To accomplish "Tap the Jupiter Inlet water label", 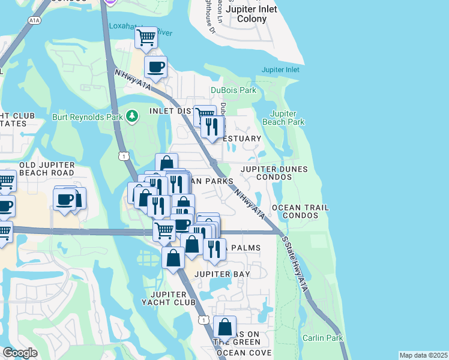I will pyautogui.click(x=280, y=70).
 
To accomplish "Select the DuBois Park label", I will pyautogui.click(x=234, y=91).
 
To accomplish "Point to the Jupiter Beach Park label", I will pyautogui.click(x=283, y=118).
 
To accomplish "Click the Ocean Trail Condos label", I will pyautogui.click(x=300, y=211).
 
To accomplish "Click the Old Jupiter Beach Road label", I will pyautogui.click(x=46, y=169).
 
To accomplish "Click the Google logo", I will pyautogui.click(x=20, y=353).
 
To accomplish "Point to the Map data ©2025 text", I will pyautogui.click(x=423, y=355).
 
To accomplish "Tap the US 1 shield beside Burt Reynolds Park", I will pyautogui.click(x=123, y=157).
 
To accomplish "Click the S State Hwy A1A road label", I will pyautogui.click(x=295, y=263).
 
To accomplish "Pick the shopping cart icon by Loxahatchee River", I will pyautogui.click(x=146, y=38).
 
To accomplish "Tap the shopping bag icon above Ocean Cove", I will pyautogui.click(x=224, y=327).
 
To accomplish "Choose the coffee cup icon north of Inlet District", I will pyautogui.click(x=155, y=67).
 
